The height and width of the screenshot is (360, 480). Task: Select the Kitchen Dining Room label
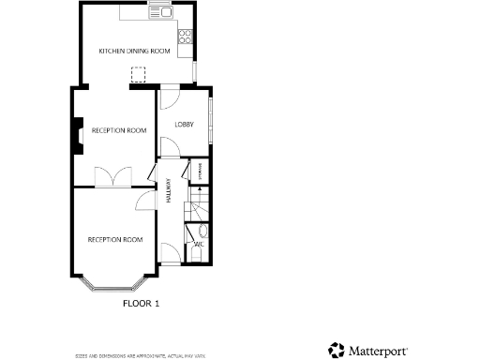[134, 51]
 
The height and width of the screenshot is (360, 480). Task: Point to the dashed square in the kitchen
[140, 74]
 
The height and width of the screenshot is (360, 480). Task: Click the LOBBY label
[183, 123]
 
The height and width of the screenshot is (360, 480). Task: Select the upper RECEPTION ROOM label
[118, 130]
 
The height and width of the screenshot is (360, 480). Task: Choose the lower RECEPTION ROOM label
[114, 240]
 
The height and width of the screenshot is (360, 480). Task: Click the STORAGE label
[200, 172]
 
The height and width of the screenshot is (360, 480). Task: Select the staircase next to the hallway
[200, 203]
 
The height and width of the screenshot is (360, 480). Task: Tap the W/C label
[199, 246]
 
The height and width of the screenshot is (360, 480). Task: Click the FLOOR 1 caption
[142, 303]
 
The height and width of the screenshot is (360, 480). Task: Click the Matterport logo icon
[336, 350]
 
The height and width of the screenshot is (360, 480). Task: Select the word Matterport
[378, 351]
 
